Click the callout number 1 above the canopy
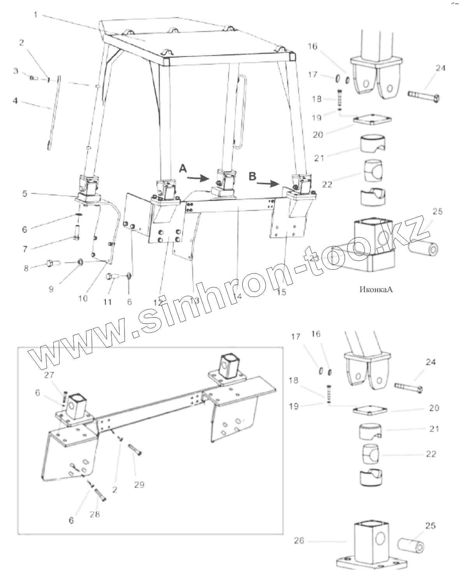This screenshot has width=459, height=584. pyautogui.click(x=35, y=15)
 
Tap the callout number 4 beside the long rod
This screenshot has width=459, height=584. pyautogui.click(x=15, y=101)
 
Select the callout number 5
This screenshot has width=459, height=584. pyautogui.click(x=25, y=193)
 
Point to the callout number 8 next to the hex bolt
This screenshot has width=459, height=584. pyautogui.click(x=26, y=268)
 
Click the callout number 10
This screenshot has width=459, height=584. pyautogui.click(x=83, y=298)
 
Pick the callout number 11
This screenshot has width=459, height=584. pyautogui.click(x=107, y=302)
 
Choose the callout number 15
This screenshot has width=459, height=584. pyautogui.click(x=281, y=292)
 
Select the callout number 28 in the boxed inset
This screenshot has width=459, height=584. pyautogui.click(x=95, y=514)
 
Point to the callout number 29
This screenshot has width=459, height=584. pyautogui.click(x=139, y=484)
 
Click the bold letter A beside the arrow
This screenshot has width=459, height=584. pyautogui.click(x=183, y=169)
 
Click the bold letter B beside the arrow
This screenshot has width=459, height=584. pyautogui.click(x=253, y=176)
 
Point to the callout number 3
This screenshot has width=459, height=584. pyautogui.click(x=16, y=71)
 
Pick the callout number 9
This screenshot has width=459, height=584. pyautogui.click(x=51, y=289)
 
